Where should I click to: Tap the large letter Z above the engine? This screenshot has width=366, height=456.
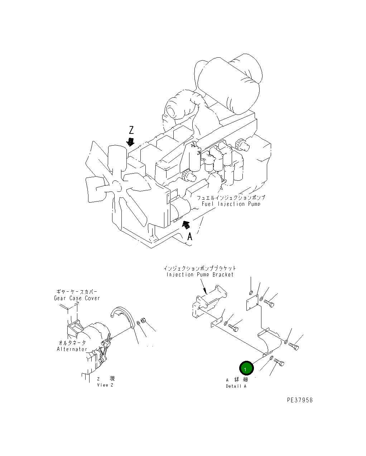click(x=131, y=130)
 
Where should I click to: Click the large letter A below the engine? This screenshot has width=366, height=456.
click(x=190, y=237)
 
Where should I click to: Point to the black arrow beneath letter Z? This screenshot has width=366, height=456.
click(x=130, y=142)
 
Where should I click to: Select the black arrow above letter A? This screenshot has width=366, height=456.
click(x=186, y=225)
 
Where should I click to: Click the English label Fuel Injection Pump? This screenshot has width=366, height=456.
click(x=231, y=204)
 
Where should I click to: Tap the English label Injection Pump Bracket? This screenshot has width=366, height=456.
click(x=200, y=275)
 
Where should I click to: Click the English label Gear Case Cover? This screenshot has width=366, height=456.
click(x=77, y=298)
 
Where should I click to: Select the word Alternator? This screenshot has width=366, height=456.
click(x=72, y=349)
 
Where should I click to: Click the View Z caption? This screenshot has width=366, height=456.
click(x=105, y=385)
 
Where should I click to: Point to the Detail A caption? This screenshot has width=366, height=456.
click(x=236, y=386)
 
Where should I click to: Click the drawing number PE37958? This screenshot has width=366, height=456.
click(x=300, y=400)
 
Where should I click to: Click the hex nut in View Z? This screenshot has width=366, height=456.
click(x=143, y=321)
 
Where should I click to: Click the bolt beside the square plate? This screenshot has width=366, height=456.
click(x=269, y=304)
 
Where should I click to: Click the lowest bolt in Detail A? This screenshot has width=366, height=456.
click(x=279, y=362)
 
